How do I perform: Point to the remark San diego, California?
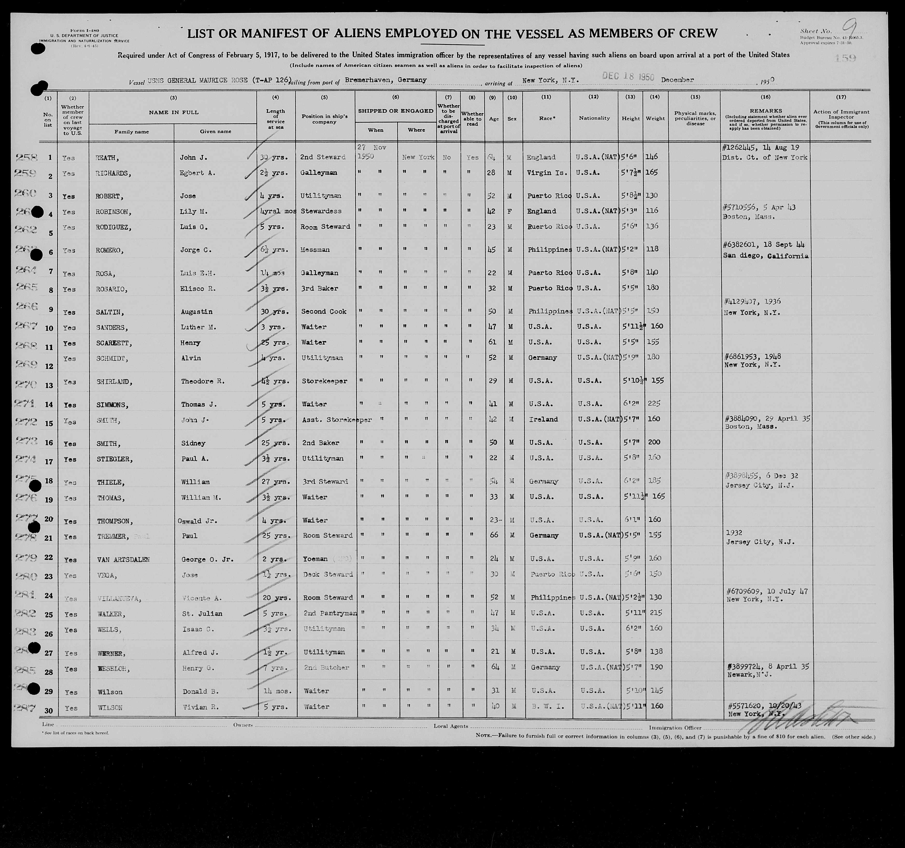pyautogui.click(x=766, y=256)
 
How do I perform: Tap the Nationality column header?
pyautogui.click(x=594, y=118)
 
